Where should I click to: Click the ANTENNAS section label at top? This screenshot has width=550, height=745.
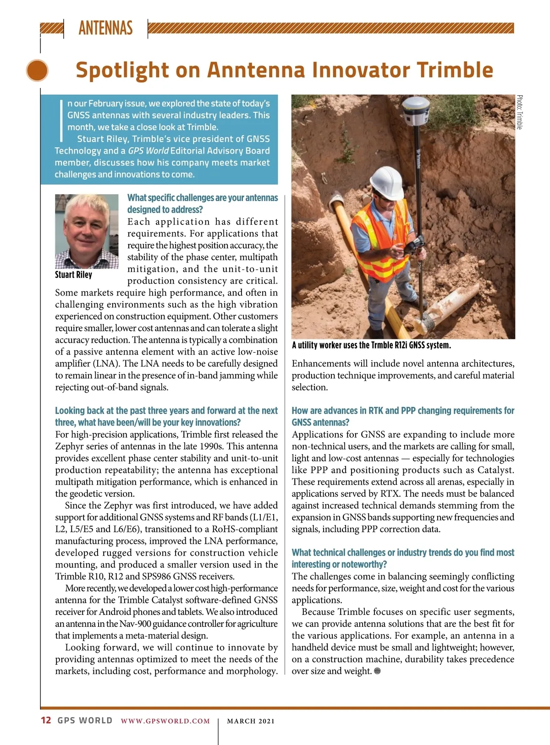[105, 28]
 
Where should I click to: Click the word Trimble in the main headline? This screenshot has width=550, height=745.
[455, 70]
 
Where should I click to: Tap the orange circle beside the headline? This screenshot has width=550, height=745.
[37, 71]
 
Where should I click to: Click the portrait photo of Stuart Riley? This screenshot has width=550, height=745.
[87, 231]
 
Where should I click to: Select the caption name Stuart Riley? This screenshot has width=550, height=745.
[73, 275]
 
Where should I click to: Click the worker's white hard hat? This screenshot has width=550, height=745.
[386, 182]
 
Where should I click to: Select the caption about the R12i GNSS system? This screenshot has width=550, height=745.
[371, 345]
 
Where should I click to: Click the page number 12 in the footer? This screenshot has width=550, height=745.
[46, 720]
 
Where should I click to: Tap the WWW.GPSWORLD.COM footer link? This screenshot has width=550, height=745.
[165, 721]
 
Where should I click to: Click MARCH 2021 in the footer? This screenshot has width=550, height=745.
[251, 721]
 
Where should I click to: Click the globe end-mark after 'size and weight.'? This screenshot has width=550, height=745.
[377, 671]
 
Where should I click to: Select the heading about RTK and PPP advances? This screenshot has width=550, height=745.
[403, 416]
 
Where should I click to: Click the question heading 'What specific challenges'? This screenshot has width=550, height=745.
[203, 203]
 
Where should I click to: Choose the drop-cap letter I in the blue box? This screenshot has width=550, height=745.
[61, 120]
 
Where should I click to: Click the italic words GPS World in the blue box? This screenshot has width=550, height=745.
[148, 151]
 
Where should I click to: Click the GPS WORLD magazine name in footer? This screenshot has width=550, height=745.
[85, 720]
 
